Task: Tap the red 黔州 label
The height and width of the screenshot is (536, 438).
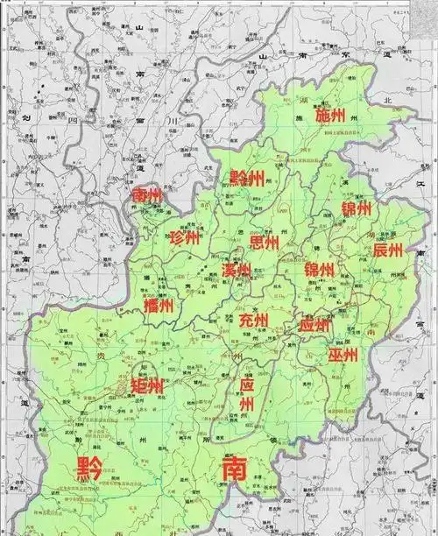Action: point(247,179)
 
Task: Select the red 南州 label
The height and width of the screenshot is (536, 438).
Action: point(145,195)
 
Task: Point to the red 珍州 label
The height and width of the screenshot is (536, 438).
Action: point(184,238)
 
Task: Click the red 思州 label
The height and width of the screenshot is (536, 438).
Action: point(264,242)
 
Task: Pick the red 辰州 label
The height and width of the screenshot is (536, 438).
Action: point(387,250)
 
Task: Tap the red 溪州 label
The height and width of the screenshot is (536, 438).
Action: point(237,271)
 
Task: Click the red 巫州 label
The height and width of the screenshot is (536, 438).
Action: point(343,355)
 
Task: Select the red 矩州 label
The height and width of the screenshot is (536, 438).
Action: point(146,386)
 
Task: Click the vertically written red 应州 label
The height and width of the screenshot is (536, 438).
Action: point(247,395)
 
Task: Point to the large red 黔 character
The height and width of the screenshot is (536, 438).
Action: point(88,469)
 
